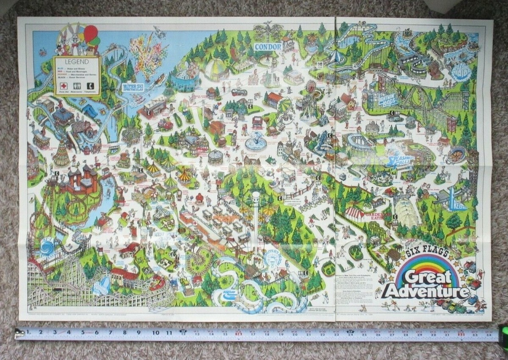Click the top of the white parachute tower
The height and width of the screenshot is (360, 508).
pyautogui.click(x=256, y=195)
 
